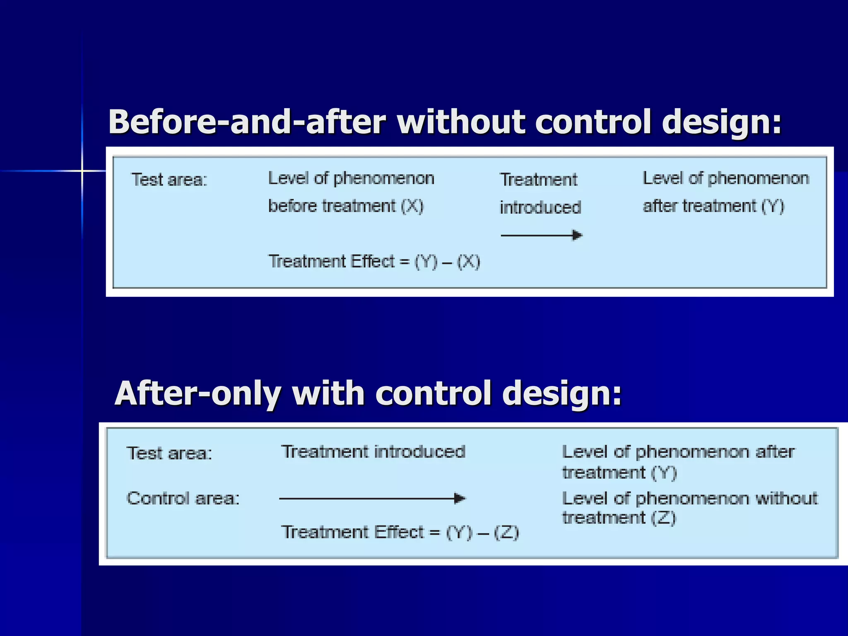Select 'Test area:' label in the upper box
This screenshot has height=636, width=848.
point(169,180)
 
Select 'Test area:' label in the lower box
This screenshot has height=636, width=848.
point(169,453)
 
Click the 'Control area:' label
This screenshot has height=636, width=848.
point(183,498)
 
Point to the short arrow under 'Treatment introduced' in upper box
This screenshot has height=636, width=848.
point(541,236)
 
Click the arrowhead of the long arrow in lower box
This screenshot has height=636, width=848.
point(460,498)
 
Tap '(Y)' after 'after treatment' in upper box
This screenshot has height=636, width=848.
point(773,206)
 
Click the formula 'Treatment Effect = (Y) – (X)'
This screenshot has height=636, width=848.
point(374,262)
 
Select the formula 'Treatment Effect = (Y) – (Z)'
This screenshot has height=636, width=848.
point(400,532)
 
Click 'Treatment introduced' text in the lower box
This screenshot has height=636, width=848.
point(373,452)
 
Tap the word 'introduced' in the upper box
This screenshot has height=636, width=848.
point(540,207)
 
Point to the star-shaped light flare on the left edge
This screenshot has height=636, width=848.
point(82,171)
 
